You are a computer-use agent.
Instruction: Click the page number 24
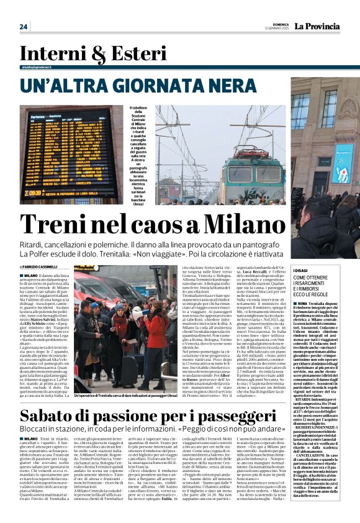point(24,27)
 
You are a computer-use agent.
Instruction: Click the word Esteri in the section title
point(119,55)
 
